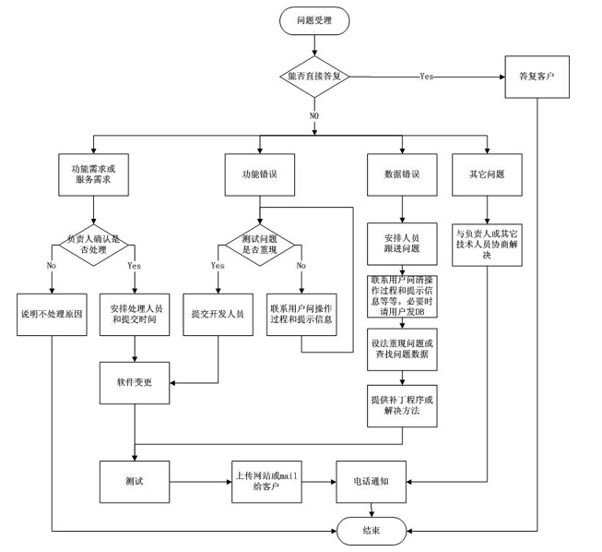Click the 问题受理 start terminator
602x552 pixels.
pyautogui.click(x=314, y=20)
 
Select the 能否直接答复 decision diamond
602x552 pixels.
pyautogui.click(x=314, y=77)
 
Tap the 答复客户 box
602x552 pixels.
pyautogui.click(x=537, y=77)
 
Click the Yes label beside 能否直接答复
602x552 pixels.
pyautogui.click(x=427, y=77)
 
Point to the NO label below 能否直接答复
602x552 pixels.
pyautogui.click(x=314, y=115)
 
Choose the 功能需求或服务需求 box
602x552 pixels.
pyautogui.click(x=93, y=174)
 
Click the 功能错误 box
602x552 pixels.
pyautogui.click(x=260, y=174)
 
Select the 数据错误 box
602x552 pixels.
pyautogui.click(x=402, y=174)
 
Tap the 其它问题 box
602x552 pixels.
pyautogui.click(x=487, y=174)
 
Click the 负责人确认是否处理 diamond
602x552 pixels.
pyautogui.click(x=93, y=245)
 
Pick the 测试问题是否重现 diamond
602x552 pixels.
pyautogui.click(x=260, y=245)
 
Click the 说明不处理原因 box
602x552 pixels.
pyautogui.click(x=52, y=315)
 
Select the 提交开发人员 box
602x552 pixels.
pyautogui.click(x=218, y=315)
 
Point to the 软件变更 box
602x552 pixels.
pyautogui.click(x=135, y=382)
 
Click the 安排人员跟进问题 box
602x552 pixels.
pyautogui.click(x=402, y=244)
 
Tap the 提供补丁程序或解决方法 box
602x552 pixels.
pyautogui.click(x=402, y=406)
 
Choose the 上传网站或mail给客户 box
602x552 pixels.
pyautogui.click(x=266, y=482)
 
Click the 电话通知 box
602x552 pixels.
pyautogui.click(x=371, y=482)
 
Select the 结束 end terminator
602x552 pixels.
pyautogui.click(x=372, y=531)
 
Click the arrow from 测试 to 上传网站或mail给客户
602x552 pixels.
pyautogui.click(x=200, y=482)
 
